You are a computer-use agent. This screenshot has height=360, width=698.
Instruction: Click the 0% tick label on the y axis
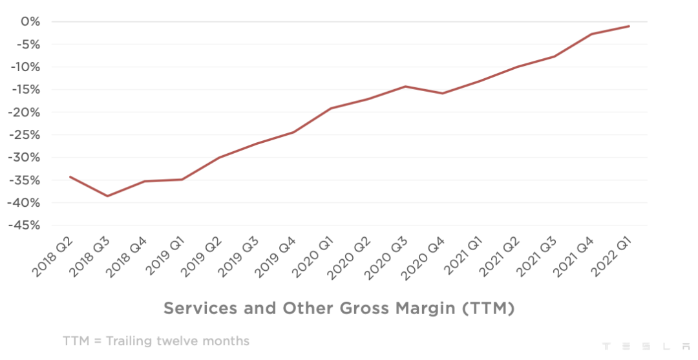[x=31, y=22]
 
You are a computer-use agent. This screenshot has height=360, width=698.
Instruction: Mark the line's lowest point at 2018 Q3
[x=107, y=196]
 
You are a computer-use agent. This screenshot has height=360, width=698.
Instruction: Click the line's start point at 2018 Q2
[x=70, y=176]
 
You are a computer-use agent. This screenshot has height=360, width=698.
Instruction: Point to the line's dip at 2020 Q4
[x=443, y=93]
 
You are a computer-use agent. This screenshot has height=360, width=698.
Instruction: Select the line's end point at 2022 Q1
[x=629, y=26]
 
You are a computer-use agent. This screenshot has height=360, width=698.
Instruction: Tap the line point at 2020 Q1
[x=331, y=108]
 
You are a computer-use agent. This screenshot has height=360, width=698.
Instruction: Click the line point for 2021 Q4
[x=591, y=34]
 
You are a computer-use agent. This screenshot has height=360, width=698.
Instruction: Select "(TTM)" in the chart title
[x=488, y=308]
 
